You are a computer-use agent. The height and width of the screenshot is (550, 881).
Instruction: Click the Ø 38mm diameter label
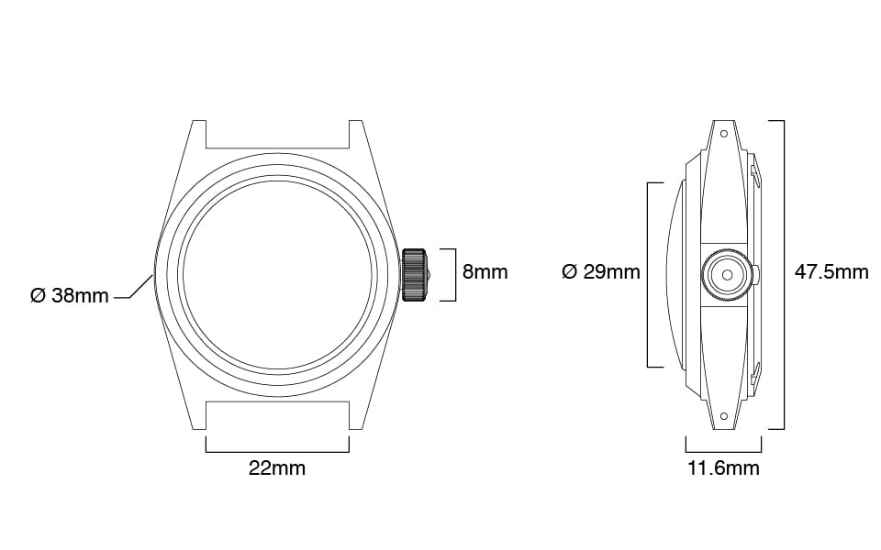pos(69,296)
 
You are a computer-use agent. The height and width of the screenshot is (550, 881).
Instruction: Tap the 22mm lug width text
pos(277,468)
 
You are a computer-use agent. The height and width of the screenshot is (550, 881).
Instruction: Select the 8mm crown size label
pos(485,272)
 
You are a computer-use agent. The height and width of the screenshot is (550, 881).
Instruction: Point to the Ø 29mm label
pos(600,272)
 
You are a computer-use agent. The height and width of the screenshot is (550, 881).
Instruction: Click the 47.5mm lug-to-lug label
pos(831,272)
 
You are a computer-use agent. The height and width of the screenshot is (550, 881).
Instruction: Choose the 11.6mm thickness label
pos(723,468)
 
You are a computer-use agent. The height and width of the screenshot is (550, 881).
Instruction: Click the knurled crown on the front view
pos(415,274)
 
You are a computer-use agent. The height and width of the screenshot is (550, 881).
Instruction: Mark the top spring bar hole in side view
pos(724,134)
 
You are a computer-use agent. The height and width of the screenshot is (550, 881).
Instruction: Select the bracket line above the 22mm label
pos(277,450)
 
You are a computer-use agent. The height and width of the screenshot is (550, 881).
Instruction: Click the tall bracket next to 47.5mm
pos(782,274)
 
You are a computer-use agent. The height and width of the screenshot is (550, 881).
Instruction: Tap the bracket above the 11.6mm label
pos(723,450)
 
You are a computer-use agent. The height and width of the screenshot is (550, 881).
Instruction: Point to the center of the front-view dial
pos(279,274)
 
